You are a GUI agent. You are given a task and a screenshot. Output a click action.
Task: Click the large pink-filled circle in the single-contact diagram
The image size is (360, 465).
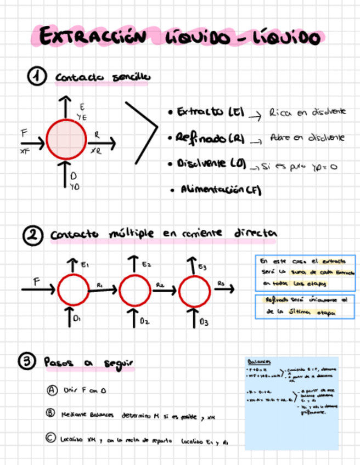pyautogui.click(x=66, y=139)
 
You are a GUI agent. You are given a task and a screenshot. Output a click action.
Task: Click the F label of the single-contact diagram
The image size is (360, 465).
pyautogui.click(x=24, y=133)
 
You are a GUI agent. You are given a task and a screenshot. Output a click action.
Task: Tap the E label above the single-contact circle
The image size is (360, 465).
pyautogui.click(x=82, y=106)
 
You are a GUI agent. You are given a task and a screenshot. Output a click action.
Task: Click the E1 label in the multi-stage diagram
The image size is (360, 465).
pyautogui.click(x=85, y=265)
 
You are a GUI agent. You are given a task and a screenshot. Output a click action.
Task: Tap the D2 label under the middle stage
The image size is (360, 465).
pyautogui.click(x=144, y=321)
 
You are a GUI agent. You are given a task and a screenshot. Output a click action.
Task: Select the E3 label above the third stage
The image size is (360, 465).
pyautogui.click(x=203, y=267)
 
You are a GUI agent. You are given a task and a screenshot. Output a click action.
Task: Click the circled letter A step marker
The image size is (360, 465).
pyautogui.click(x=52, y=390)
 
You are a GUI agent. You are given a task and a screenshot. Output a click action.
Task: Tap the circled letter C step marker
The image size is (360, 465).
pyautogui.click(x=50, y=438)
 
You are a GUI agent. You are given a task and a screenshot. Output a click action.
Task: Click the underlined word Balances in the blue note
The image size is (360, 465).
pyautogui.click(x=260, y=362)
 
